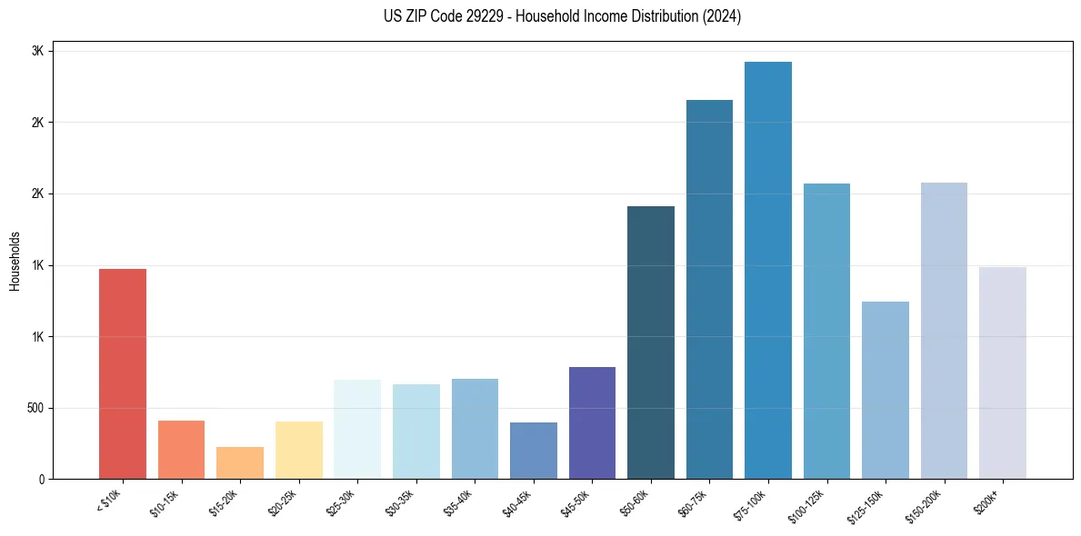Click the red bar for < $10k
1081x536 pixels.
[x=122, y=373]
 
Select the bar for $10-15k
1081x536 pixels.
[x=181, y=450]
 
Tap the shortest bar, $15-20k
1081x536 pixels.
[x=240, y=462]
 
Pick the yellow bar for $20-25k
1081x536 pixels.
[x=298, y=450]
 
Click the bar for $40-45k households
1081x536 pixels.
[x=533, y=451]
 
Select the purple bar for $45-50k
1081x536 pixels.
[x=592, y=422]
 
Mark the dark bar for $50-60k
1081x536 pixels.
[x=650, y=342]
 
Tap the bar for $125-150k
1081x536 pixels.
[x=885, y=390]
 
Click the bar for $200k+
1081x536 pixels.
[x=1002, y=372]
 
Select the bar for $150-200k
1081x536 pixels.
[x=944, y=331]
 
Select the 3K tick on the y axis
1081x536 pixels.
[x=38, y=51]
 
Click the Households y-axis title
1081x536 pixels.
[x=15, y=260]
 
